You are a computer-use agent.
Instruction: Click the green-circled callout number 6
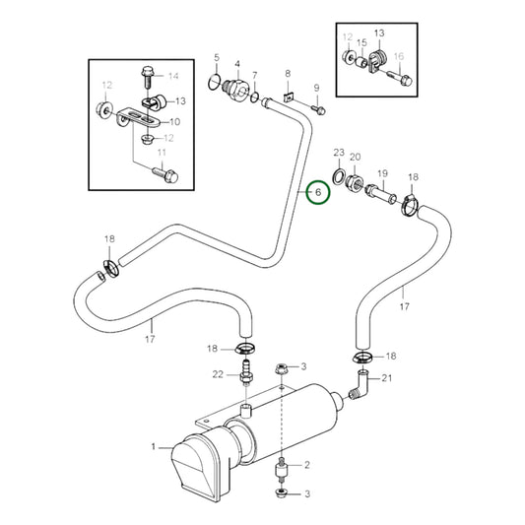pos(318,193)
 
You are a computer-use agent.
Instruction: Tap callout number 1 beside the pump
pos(154,448)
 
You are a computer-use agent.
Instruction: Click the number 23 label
pos(339,154)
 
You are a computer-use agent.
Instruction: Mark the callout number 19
pos(383,172)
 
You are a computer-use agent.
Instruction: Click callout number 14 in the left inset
pos(173,76)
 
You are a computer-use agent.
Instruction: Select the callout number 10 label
pos(174,122)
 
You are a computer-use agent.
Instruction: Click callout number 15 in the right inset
pos(361,44)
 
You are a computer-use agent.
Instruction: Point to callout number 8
pos(288,74)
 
